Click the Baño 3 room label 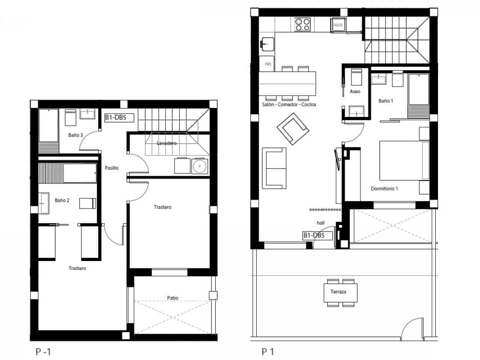tap(75, 135)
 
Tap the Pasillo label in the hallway tap(111, 168)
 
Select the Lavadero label tap(166, 143)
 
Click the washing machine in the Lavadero tap(199, 166)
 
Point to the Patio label tap(172, 298)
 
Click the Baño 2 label tap(62, 200)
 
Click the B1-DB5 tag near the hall tap(318, 235)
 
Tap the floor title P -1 tap(43, 352)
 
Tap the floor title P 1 tap(268, 352)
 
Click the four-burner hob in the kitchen tap(302, 24)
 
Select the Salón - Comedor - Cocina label tap(289, 105)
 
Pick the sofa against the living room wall tap(274, 168)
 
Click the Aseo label tap(355, 91)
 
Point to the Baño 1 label tap(385, 101)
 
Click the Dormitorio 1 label tap(384, 189)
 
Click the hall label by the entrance tap(320, 223)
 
